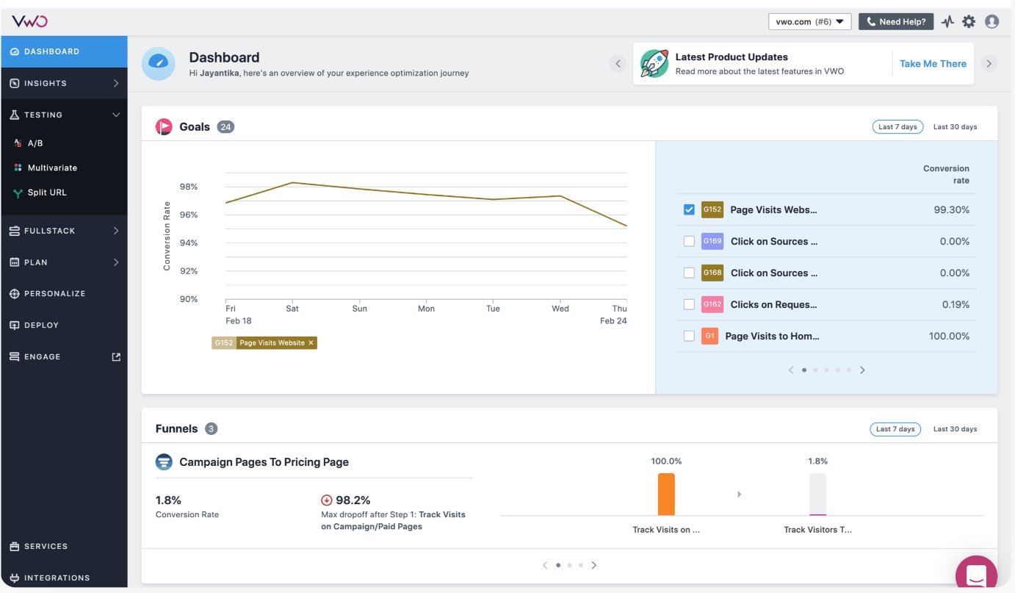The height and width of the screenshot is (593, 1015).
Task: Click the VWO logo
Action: pos(29,21)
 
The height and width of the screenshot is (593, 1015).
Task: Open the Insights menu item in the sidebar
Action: pos(46,84)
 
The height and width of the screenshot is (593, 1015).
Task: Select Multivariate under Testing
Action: pos(52,168)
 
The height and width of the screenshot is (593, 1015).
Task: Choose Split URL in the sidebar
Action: pos(47,193)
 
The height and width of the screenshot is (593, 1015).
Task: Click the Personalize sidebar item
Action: pos(54,294)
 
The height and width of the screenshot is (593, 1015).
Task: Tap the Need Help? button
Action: pos(896,21)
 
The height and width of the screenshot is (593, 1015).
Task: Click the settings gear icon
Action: pos(969,21)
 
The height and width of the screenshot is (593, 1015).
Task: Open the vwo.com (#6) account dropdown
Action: pos(809,21)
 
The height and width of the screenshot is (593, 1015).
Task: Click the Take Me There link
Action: pos(933,64)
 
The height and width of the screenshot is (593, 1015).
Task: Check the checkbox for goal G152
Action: pos(689,210)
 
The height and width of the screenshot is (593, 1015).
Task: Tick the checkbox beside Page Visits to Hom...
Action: pos(689,337)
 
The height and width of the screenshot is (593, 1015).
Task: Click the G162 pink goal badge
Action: pos(712,304)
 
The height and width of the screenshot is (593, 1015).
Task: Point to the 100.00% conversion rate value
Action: pos(949,337)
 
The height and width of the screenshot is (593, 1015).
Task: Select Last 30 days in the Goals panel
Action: pos(955,127)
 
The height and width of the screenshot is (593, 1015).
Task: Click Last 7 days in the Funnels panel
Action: pos(896,429)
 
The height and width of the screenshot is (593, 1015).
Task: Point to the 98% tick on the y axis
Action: pos(189,187)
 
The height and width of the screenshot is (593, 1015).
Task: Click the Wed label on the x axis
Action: pos(560,309)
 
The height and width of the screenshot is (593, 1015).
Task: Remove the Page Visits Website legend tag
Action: pos(311,343)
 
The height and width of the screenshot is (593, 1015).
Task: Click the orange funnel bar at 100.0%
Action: pos(666,494)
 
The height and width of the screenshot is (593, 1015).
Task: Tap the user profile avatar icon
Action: pos(991,21)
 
